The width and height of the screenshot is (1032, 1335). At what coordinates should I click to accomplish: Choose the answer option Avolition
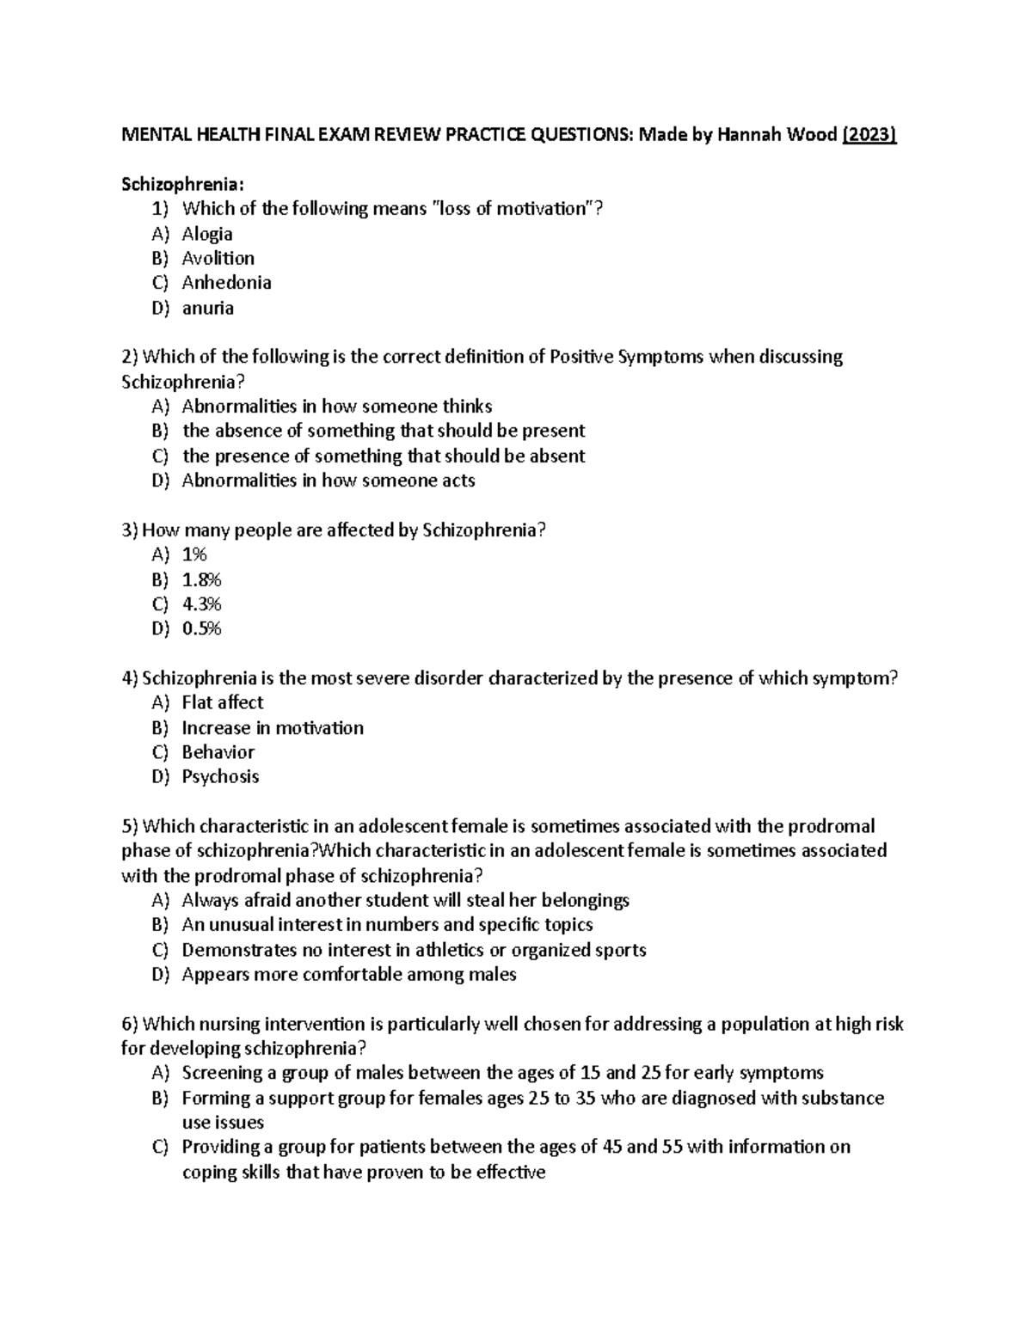pos(218,258)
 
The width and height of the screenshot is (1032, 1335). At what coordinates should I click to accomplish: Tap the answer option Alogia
pos(207,234)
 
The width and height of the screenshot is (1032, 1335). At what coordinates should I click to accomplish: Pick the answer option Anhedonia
pos(226,283)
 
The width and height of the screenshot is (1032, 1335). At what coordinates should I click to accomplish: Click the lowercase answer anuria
pos(207,308)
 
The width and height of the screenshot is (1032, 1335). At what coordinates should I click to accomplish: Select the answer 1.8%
pos(202,579)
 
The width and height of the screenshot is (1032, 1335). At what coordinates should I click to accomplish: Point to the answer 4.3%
pos(202,604)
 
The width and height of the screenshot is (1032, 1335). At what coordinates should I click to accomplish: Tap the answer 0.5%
pos(202,628)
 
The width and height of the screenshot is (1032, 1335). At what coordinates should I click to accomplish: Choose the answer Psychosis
pos(220,776)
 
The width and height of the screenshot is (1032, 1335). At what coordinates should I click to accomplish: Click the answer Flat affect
pos(222,702)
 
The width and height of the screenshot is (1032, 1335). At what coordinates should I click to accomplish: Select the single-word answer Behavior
pos(218,752)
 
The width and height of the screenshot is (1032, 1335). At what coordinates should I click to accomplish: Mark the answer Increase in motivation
pos(273,727)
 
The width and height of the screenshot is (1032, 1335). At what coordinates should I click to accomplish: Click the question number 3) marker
pos(130,530)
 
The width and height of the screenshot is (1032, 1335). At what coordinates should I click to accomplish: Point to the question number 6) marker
pos(130,1024)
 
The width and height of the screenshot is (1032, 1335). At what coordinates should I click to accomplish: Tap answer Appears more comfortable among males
pos(348,974)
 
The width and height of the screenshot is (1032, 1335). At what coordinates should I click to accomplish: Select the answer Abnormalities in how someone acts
pos(329,481)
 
